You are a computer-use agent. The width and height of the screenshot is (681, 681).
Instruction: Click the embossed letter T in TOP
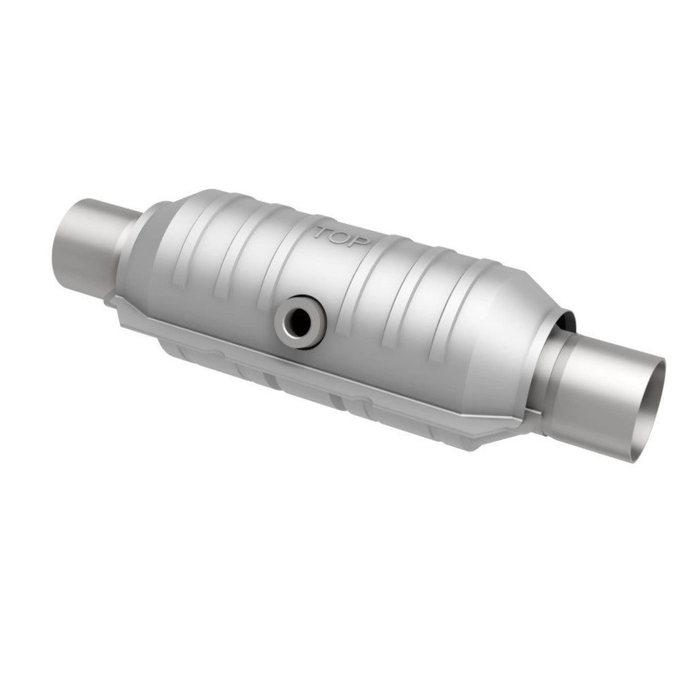tap(322, 232)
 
